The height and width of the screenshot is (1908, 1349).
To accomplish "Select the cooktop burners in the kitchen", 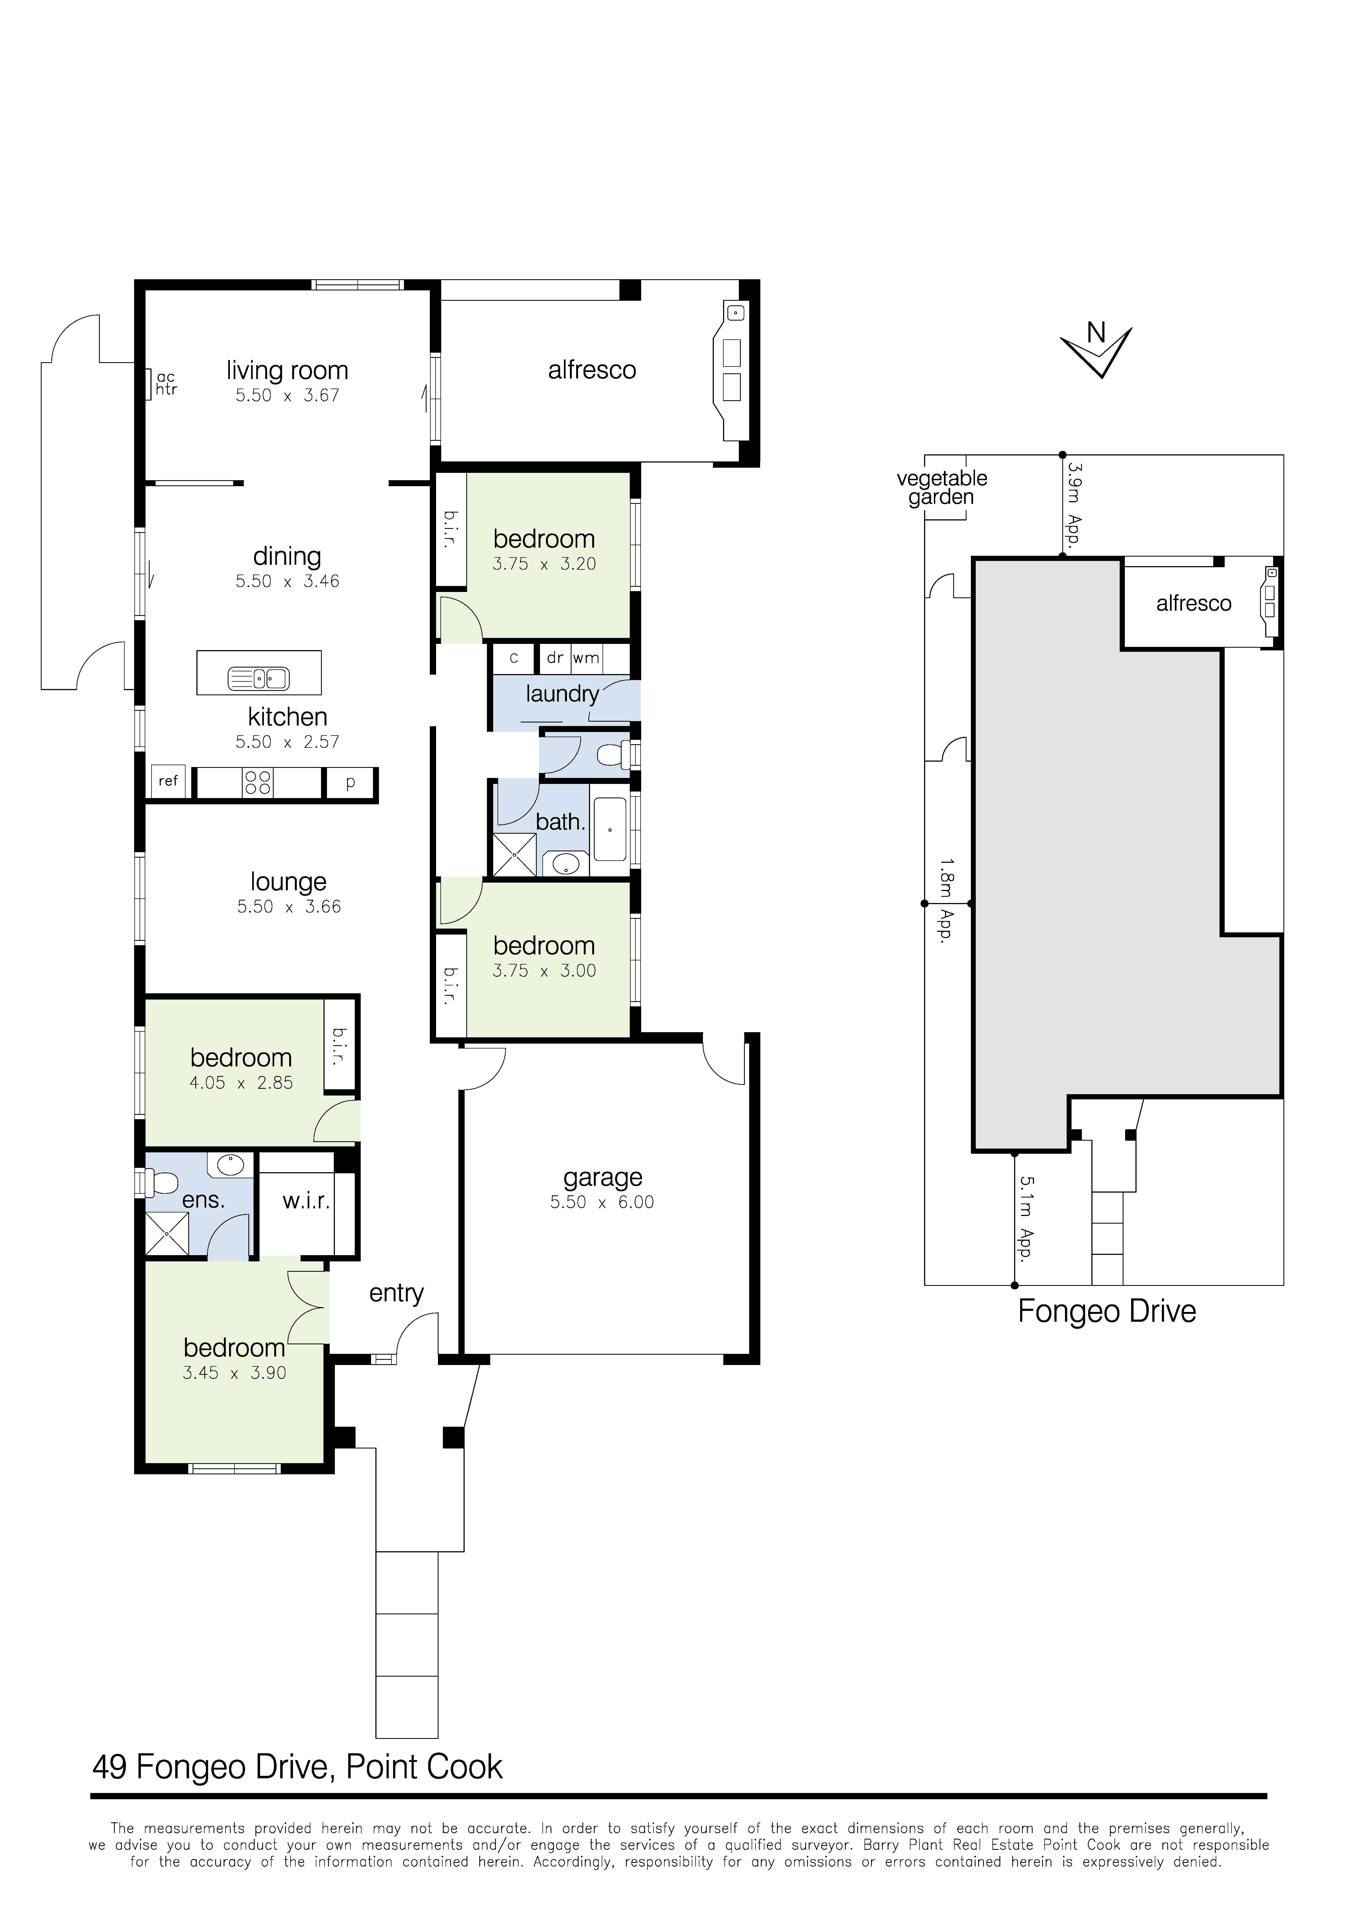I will click(x=258, y=782).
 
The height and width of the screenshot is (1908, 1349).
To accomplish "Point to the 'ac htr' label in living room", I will click(x=166, y=384).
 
